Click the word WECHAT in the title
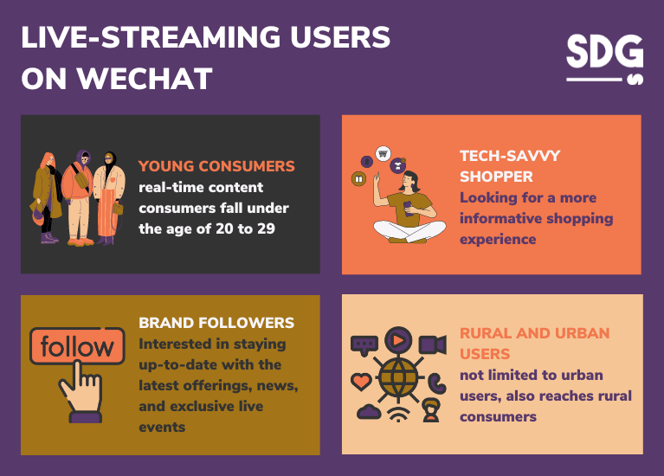tap(144, 78)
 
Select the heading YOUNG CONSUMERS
tap(216, 166)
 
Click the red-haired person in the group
tap(48, 195)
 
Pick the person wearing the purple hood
tap(80, 195)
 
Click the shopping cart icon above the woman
tap(383, 154)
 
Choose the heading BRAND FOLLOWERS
tap(216, 323)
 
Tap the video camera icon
tap(431, 344)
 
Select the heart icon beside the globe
tap(360, 380)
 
